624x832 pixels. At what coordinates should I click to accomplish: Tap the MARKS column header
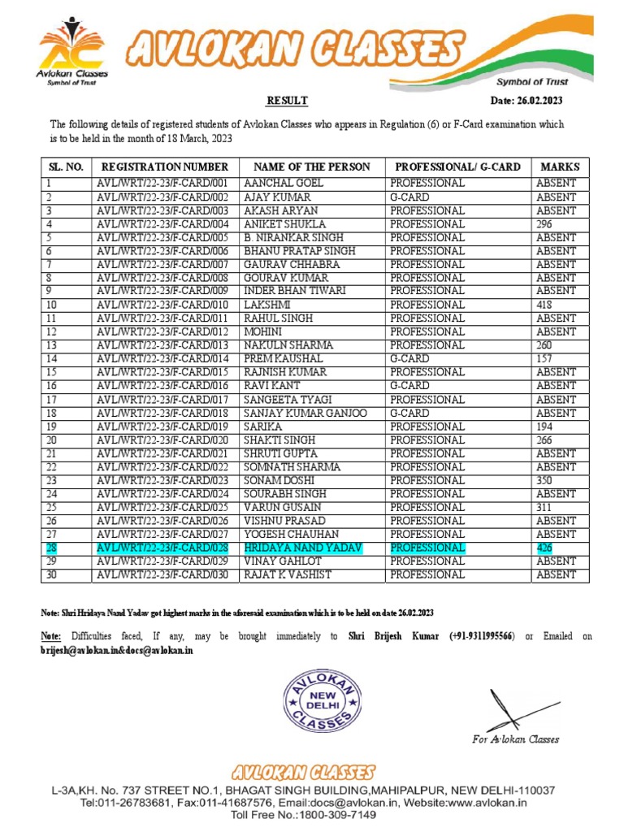point(559,167)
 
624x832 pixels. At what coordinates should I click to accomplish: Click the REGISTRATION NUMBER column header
point(165,167)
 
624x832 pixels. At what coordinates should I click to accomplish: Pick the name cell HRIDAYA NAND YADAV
point(303,548)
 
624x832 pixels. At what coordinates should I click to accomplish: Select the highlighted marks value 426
point(544,548)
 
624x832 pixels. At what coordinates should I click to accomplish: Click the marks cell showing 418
point(544,305)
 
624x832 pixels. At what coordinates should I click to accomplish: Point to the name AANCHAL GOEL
point(278,184)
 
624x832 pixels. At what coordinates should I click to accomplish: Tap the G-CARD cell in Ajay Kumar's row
point(409,197)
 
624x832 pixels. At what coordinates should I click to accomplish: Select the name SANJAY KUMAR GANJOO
point(305,413)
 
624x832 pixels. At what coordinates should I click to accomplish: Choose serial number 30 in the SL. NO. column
point(51,574)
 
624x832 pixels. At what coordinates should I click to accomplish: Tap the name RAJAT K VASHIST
point(288,574)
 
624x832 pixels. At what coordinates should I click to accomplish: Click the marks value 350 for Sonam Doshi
point(544,480)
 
